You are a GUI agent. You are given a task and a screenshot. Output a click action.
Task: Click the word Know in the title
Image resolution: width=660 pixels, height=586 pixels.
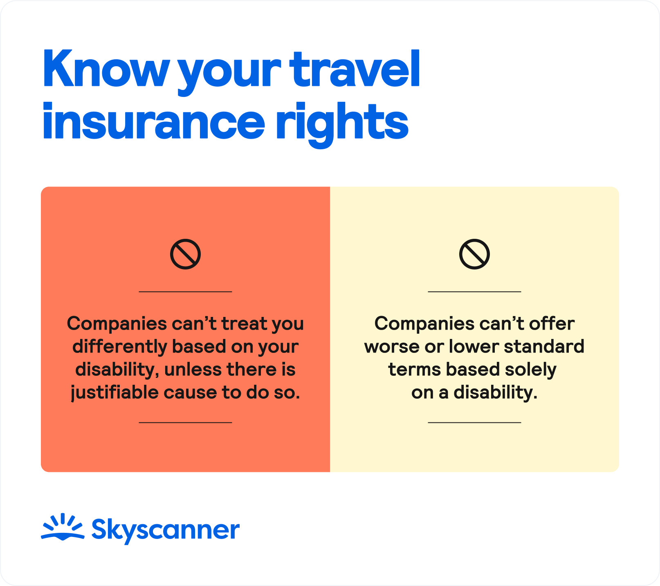106,69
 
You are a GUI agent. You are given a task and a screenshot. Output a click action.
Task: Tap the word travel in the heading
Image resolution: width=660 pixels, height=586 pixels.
355,69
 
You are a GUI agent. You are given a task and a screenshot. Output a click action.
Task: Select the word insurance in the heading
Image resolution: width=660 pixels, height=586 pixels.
153,121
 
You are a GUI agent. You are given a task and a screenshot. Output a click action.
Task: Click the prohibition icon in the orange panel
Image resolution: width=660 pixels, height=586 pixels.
185,254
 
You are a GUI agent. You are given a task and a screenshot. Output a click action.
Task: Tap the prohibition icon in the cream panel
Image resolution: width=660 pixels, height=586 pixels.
474,254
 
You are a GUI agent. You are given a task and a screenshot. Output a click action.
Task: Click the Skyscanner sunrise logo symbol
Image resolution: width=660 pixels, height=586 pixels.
63,527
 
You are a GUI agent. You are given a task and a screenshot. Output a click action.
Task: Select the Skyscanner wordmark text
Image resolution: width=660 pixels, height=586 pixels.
165,530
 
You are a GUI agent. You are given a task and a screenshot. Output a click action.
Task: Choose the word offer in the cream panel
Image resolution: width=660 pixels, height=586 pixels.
552,324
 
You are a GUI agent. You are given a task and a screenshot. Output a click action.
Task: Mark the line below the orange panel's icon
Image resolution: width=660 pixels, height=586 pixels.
185,292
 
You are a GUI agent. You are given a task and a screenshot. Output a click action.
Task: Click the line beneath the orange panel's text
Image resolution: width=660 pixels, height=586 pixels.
185,422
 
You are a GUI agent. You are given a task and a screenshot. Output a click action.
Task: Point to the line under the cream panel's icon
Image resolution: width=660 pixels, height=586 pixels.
474,292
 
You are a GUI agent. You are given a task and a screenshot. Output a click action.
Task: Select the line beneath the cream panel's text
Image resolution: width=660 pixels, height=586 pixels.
474,422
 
